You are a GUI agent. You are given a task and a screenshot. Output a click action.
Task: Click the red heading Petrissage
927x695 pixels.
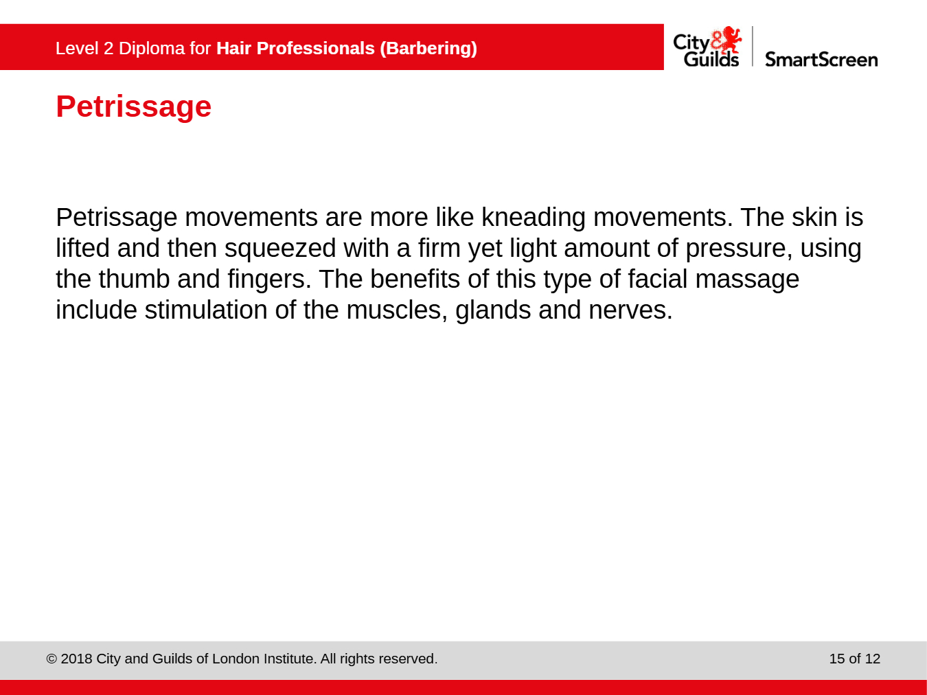(x=133, y=107)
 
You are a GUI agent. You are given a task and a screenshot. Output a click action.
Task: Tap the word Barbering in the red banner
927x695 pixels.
(x=428, y=49)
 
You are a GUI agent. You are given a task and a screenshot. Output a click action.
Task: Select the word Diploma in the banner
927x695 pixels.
(x=152, y=49)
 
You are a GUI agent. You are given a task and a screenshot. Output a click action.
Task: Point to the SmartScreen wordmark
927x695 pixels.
(x=821, y=59)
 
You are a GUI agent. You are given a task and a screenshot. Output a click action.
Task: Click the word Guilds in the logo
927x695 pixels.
(x=711, y=58)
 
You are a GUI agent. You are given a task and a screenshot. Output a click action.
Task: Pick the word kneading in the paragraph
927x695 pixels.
(x=534, y=218)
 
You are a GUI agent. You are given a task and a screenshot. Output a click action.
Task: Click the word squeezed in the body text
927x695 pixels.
(x=280, y=249)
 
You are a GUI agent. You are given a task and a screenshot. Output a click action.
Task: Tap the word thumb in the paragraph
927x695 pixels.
(x=134, y=279)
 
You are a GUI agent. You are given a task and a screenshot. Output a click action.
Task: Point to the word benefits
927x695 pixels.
(x=415, y=279)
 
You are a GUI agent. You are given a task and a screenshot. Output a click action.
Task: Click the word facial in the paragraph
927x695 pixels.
(x=658, y=279)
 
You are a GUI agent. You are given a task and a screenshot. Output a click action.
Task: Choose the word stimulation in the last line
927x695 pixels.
(x=206, y=310)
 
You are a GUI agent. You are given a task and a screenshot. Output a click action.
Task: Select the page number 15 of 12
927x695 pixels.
(x=855, y=659)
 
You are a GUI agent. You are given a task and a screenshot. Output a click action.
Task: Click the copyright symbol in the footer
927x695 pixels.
(x=51, y=659)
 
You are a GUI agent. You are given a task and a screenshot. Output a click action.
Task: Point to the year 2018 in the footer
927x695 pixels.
(x=76, y=659)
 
